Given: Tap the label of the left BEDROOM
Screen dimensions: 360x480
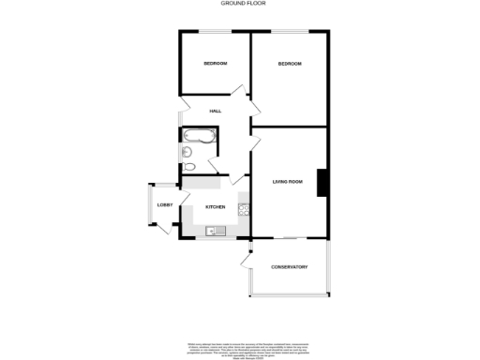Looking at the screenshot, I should (216, 64).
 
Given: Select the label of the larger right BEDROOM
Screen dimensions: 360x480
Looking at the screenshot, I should (289, 64).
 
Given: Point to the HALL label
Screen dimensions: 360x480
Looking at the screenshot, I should (215, 112).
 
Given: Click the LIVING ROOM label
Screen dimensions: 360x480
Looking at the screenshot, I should (288, 181).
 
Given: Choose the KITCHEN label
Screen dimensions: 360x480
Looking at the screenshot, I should (216, 207).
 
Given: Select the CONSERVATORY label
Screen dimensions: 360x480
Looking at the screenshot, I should (290, 268).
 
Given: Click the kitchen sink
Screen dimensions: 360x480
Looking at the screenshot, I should (212, 231).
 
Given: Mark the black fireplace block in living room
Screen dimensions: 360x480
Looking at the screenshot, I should (321, 182).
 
